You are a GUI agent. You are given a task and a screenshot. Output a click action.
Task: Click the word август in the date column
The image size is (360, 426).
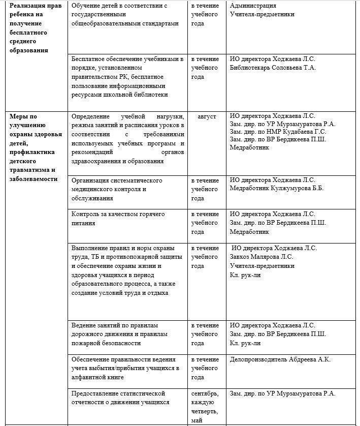(x=207, y=116)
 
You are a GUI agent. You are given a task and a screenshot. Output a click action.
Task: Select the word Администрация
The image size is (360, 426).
(x=253, y=6)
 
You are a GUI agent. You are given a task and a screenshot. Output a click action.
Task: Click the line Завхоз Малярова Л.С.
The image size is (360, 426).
(x=261, y=257)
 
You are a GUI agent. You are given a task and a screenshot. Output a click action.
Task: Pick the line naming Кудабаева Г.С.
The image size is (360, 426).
(x=278, y=132)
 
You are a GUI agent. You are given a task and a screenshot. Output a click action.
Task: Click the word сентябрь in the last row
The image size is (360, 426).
(x=205, y=393)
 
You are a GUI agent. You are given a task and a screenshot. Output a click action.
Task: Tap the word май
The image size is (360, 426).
(x=197, y=420)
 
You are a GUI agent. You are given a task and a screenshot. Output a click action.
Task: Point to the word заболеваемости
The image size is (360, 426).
(x=34, y=179)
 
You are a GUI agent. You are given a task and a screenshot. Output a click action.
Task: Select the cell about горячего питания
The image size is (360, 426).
(x=118, y=219)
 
